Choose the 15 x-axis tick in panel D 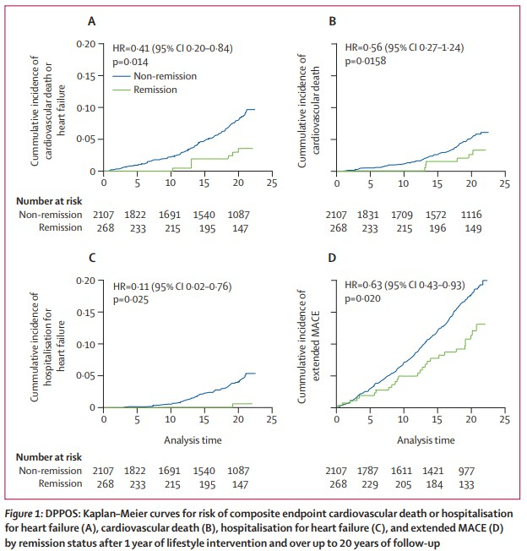(437, 419)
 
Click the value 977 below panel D (470, 469)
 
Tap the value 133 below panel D (470, 483)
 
